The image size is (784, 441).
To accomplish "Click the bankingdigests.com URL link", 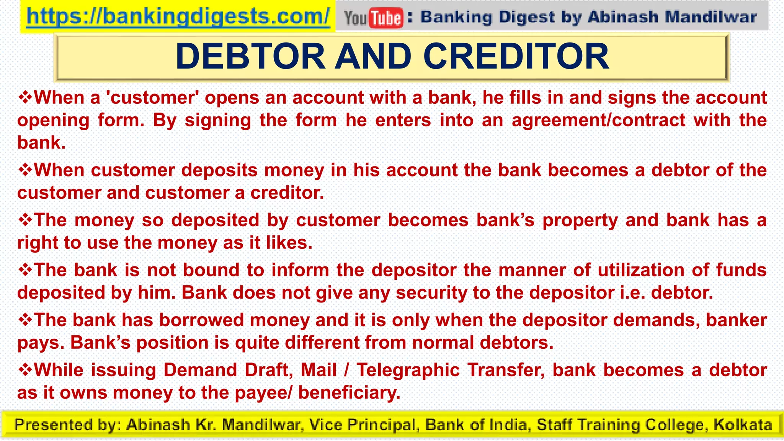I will pyautogui.click(x=178, y=16).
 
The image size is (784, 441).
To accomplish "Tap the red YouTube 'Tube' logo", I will pyautogui.click(x=386, y=18).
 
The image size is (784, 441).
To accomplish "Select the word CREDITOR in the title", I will pyautogui.click(x=516, y=57).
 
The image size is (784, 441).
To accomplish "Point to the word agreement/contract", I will pyautogui.click(x=598, y=120).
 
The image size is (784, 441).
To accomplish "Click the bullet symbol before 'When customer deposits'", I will pyautogui.click(x=25, y=170).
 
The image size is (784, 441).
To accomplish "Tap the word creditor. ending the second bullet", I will pyautogui.click(x=287, y=193).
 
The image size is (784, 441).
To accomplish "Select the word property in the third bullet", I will pyautogui.click(x=580, y=220).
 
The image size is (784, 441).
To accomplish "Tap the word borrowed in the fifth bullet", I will pyautogui.click(x=201, y=320).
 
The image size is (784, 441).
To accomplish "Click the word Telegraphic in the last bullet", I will pyautogui.click(x=408, y=370).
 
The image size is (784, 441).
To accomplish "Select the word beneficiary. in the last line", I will pyautogui.click(x=349, y=393).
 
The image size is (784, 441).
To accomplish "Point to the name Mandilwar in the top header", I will pyautogui.click(x=711, y=17).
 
